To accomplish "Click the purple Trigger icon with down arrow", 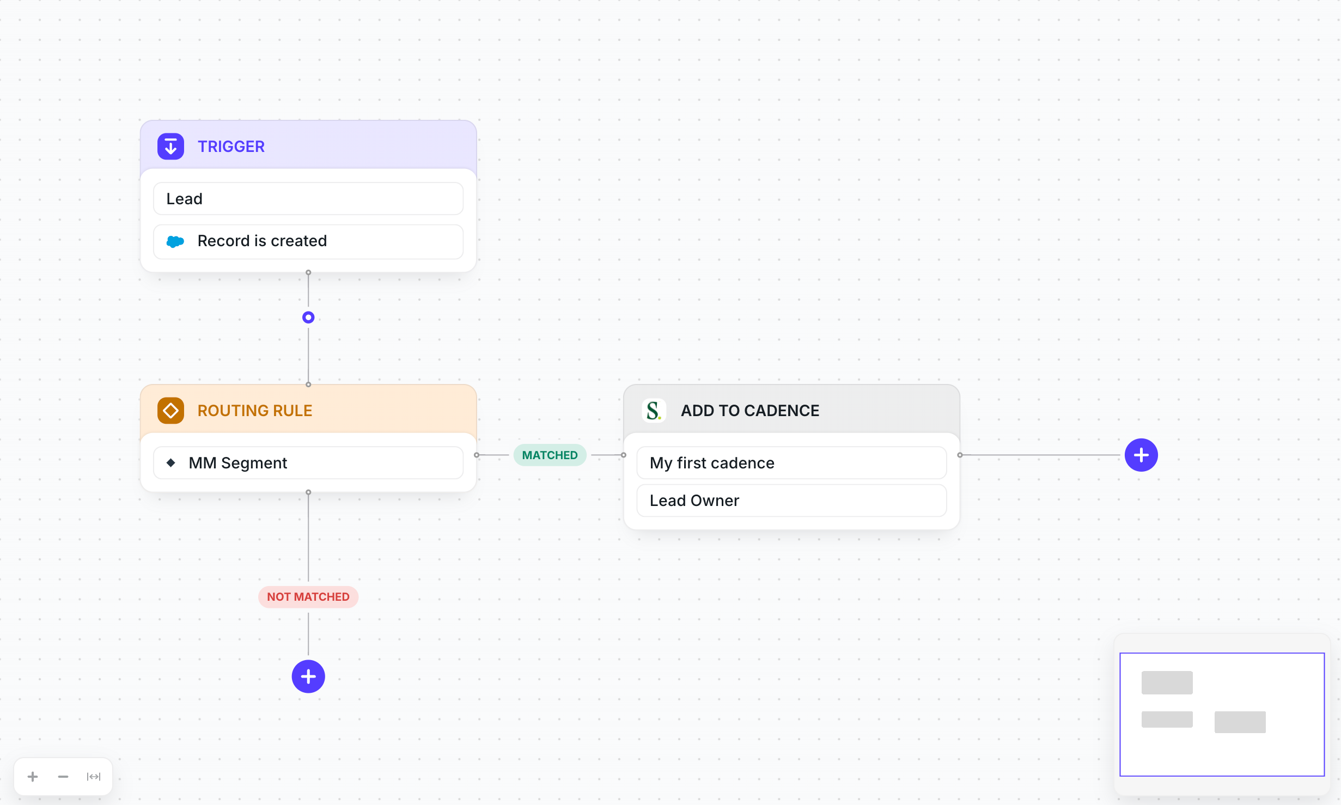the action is (170, 147).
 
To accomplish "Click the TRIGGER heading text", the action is (231, 147).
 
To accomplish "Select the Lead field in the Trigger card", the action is (308, 199).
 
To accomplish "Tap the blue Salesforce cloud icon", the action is (175, 241).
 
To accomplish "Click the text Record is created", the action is (262, 241).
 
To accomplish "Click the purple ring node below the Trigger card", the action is (308, 317).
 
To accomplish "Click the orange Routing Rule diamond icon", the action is (170, 410).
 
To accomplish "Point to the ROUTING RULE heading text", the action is (255, 411).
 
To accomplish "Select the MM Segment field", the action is (308, 463).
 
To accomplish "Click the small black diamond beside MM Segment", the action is (171, 462).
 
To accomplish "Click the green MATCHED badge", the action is (550, 455).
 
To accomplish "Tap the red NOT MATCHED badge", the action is (308, 597).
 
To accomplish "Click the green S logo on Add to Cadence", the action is (654, 410).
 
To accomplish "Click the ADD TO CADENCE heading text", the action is (750, 411).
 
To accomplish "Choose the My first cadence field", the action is (791, 463).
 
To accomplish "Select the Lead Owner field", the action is (791, 501).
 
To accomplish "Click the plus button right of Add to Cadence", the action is (1141, 455).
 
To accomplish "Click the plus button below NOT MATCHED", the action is (308, 676).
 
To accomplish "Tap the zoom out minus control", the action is (63, 777).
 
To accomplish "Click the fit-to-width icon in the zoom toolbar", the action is (94, 777).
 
